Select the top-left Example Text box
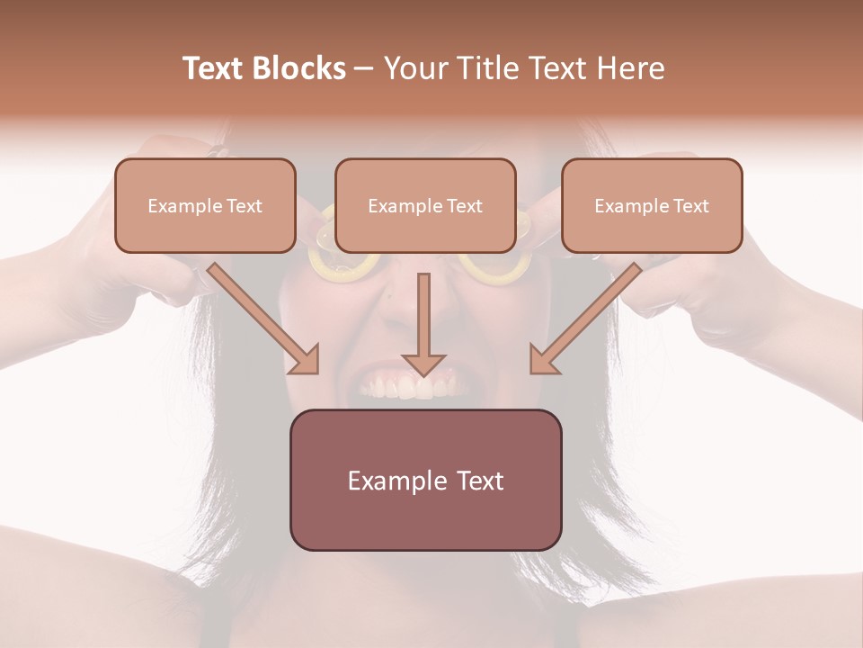pos(205,205)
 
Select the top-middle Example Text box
pos(425,205)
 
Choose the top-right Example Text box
pos(652,205)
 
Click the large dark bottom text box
pos(425,480)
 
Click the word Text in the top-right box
pos(690,206)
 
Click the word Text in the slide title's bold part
pos(215,68)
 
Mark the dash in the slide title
pos(364,69)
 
